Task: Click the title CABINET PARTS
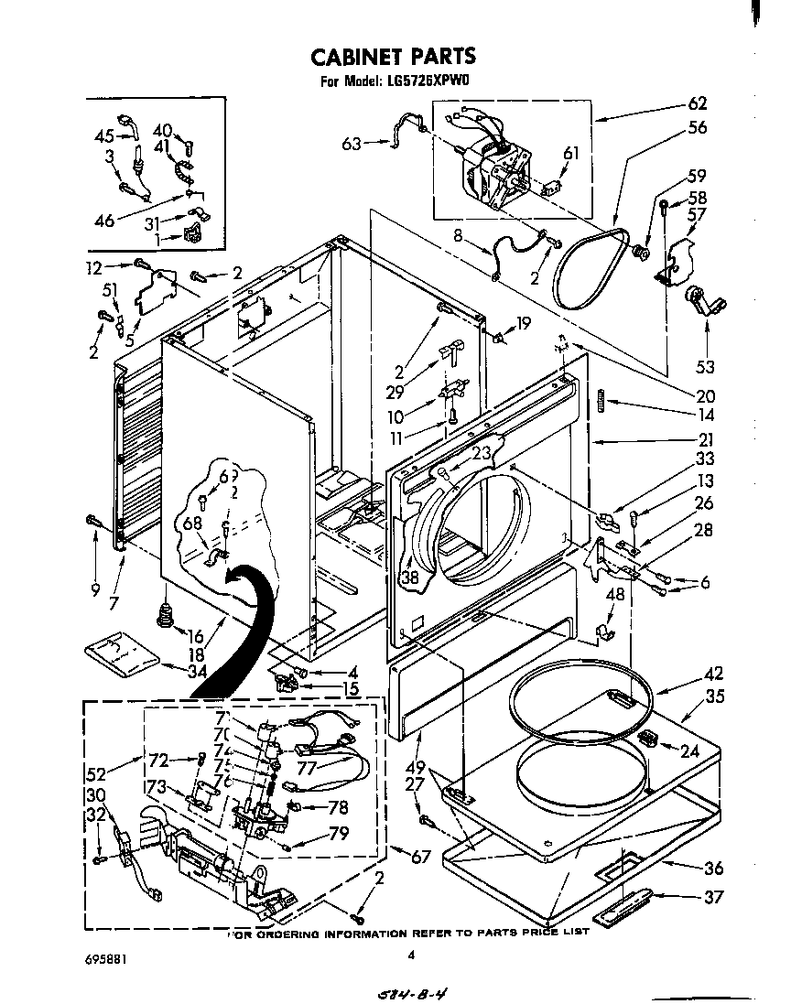394,57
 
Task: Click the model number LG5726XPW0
422,81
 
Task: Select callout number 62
698,104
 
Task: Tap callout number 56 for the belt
698,128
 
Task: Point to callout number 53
705,367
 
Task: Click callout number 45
104,136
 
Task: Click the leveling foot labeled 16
167,614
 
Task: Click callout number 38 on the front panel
409,578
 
